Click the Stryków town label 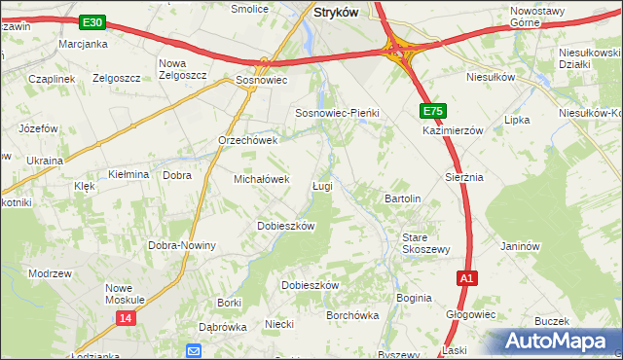coord(336,12)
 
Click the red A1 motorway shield coord(467,278)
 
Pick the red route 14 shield coord(125,318)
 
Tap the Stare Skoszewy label coord(425,242)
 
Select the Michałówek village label coord(262,179)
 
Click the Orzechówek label coord(248,140)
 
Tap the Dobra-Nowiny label coord(181,245)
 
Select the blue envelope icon coord(194,351)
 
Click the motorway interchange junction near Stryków coord(399,52)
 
